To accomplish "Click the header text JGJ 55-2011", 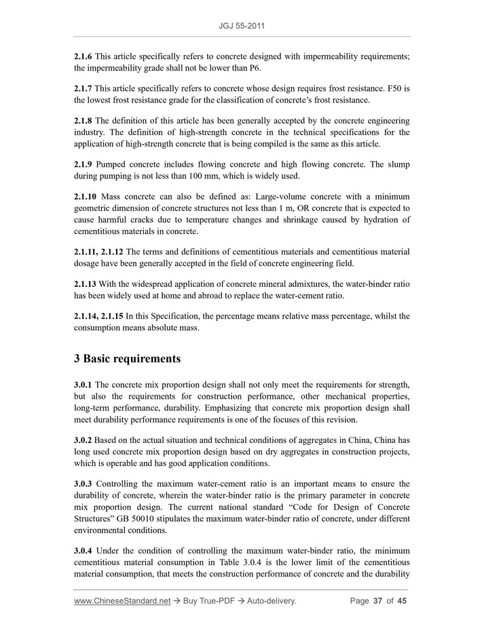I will click(242, 26).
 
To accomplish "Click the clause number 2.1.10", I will click(86, 197).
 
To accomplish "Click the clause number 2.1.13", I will click(86, 283).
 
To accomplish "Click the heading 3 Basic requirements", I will click(128, 357).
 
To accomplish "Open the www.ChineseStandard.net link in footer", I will click(122, 601).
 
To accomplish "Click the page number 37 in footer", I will click(377, 601).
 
